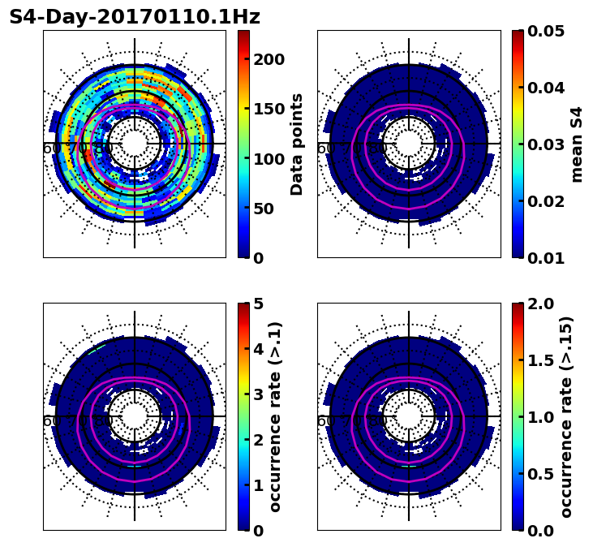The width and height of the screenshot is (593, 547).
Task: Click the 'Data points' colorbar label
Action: (297, 144)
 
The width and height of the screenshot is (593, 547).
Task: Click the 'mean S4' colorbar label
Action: (577, 144)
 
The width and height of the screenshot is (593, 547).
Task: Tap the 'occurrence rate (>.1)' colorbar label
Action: (276, 417)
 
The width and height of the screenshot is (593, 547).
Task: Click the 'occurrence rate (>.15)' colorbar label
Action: (566, 417)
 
